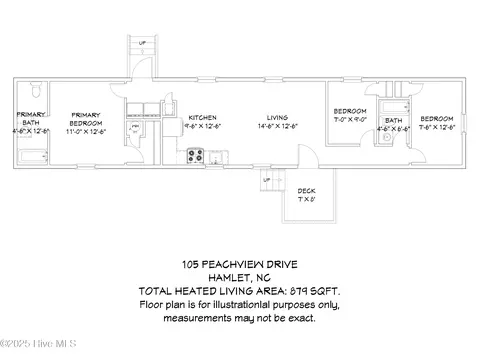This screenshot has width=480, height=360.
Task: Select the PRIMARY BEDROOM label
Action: coord(85,119)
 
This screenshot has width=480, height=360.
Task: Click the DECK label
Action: coord(307,189)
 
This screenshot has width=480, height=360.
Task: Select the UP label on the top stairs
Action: coord(141,43)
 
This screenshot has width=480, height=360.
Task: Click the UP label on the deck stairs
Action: coord(266,180)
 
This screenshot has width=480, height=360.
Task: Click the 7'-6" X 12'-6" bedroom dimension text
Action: coord(438,127)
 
